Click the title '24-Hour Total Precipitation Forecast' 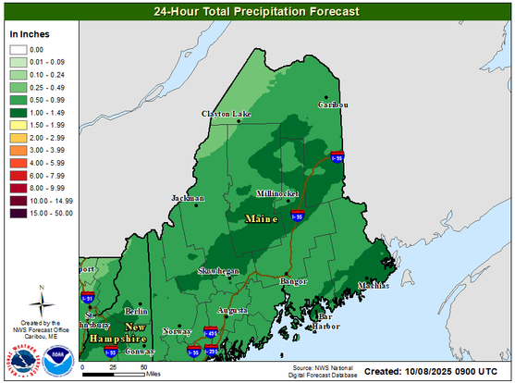point(256,12)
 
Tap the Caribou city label point(333,105)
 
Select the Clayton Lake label point(226,114)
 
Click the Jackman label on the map point(188,199)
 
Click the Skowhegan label point(219,271)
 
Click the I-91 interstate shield point(88,298)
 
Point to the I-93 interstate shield point(110,352)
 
